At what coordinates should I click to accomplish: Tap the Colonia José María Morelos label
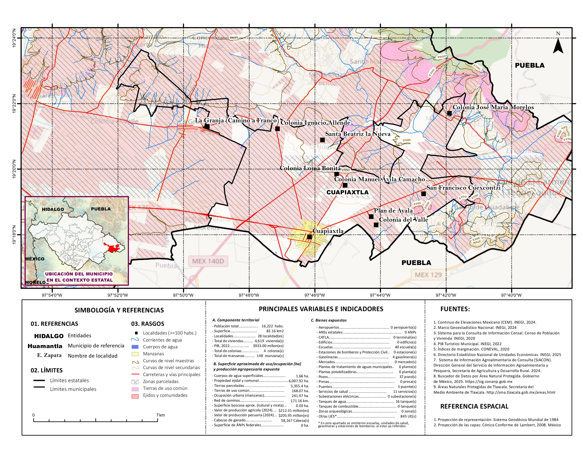pyautogui.click(x=493, y=107)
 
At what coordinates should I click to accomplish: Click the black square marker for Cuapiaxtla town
pyautogui.click(x=309, y=237)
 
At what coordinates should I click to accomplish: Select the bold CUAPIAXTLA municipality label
pyautogui.click(x=347, y=192)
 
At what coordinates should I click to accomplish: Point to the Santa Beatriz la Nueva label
pyautogui.click(x=358, y=134)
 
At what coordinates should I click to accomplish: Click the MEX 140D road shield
pyautogui.click(x=208, y=261)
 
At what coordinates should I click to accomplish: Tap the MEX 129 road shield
pyautogui.click(x=428, y=275)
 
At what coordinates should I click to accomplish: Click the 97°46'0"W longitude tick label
pyautogui.click(x=315, y=295)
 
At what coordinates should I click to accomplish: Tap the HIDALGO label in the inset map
pyautogui.click(x=53, y=209)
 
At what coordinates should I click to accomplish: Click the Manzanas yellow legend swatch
pyautogui.click(x=135, y=354)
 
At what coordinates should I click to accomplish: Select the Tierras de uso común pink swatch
pyautogui.click(x=135, y=389)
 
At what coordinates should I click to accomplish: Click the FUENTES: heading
pyautogui.click(x=455, y=309)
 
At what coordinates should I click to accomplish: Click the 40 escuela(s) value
pyautogui.click(x=405, y=347)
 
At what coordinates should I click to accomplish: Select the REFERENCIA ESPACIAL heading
pyautogui.click(x=474, y=406)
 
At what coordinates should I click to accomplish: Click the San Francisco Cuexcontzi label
pyautogui.click(x=463, y=188)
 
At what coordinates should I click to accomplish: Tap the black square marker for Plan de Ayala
pyautogui.click(x=371, y=216)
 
